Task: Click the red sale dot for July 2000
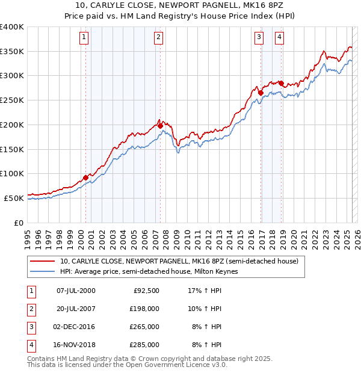85,177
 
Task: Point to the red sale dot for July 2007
160,126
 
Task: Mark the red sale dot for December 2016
261,93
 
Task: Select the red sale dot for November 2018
282,83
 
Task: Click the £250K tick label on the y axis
12,100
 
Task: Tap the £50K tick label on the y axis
14,198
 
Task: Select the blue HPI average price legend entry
149,272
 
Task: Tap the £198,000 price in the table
144,309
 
